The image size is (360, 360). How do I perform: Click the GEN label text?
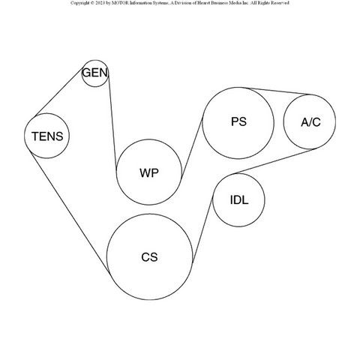click(x=95, y=73)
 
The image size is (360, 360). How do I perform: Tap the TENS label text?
click(x=47, y=136)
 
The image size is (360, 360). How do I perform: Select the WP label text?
click(x=149, y=173)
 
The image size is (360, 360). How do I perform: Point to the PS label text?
click(x=238, y=121)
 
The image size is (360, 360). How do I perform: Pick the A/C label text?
click(x=310, y=122)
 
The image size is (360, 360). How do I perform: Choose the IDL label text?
click(x=239, y=200)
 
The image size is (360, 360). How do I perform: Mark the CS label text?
click(x=149, y=257)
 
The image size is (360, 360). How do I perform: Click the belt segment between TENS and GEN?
click(x=59, y=91)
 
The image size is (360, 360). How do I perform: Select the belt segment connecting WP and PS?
click(x=192, y=149)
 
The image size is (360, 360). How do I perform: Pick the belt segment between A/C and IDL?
click(x=274, y=161)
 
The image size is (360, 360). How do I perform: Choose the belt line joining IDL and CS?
click(x=202, y=230)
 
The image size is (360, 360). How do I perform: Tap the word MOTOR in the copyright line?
click(x=118, y=3)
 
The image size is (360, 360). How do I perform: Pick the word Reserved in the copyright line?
click(x=280, y=3)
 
